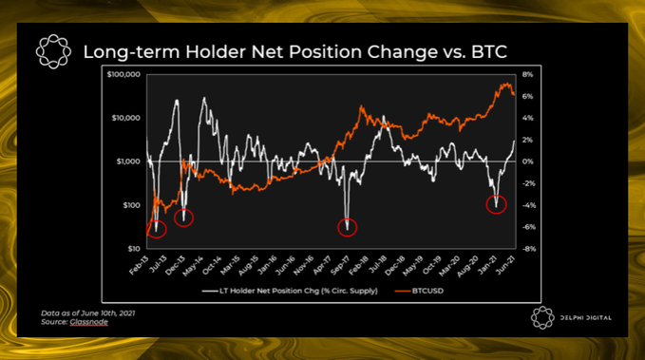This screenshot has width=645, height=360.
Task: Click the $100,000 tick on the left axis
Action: point(124,74)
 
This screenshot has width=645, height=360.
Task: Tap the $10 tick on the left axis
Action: point(135,249)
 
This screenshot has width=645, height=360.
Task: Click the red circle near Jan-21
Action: point(496,203)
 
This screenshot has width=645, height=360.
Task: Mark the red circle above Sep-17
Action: point(350,226)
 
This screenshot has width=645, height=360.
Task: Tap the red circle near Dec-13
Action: point(184,217)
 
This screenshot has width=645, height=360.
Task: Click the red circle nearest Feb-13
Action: point(157,228)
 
